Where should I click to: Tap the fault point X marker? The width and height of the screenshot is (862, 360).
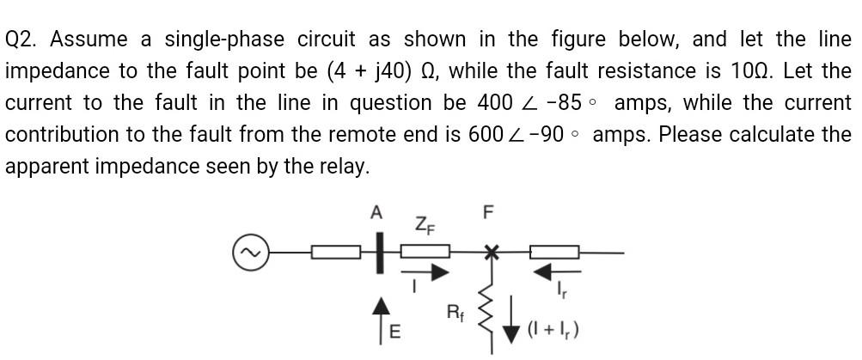point(491,253)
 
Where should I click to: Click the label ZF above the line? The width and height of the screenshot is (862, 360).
point(424,226)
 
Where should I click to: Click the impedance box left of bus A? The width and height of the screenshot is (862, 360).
point(335,253)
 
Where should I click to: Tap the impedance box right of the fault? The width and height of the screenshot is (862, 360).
point(553,253)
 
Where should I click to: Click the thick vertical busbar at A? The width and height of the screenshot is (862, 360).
point(376,255)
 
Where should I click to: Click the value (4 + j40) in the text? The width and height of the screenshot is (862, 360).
point(377,71)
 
